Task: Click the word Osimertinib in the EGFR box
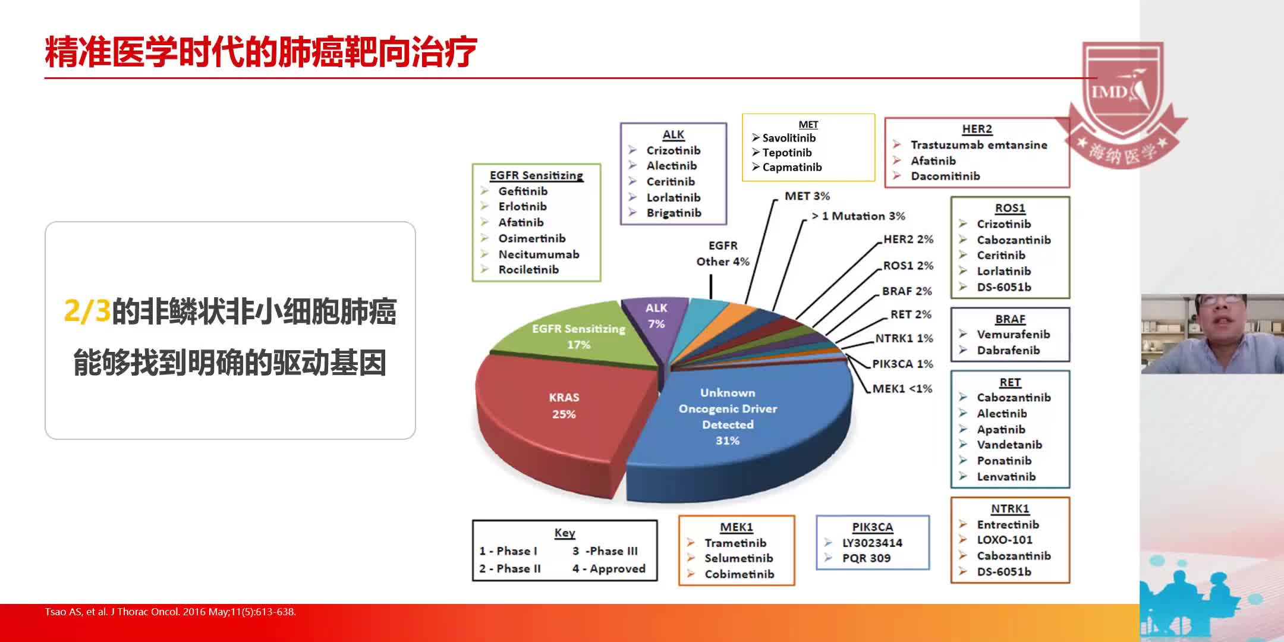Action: coord(531,238)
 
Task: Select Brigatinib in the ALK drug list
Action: coord(674,213)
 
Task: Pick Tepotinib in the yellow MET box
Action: coord(786,153)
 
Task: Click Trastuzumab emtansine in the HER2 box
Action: coord(978,145)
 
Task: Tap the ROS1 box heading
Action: coord(1010,208)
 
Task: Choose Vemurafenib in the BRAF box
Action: coord(1013,334)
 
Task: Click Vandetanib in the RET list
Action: coord(1009,445)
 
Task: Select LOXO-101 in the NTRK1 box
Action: coord(1004,540)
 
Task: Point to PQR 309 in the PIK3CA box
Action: coord(866,558)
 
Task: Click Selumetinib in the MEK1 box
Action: coord(738,558)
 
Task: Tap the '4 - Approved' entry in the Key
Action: coord(609,569)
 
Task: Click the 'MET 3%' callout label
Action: coord(807,196)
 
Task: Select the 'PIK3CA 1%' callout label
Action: coord(902,364)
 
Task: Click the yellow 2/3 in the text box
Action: coord(87,311)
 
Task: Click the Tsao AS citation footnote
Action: coord(170,612)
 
